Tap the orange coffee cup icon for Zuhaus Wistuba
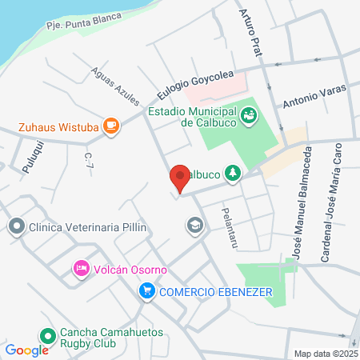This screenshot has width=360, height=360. pos(111,125)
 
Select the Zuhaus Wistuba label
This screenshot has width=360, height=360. pos(60,126)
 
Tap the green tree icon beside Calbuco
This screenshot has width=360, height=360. pos(233,173)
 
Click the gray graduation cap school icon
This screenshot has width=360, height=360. pos(194,226)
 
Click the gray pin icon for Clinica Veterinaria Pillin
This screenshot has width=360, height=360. pos(15,227)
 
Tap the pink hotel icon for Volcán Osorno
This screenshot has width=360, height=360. pos(81,268)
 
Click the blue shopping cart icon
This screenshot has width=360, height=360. pos(146,291)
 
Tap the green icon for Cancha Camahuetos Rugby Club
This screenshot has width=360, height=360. pos(47,337)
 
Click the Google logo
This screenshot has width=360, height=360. pos(26,350)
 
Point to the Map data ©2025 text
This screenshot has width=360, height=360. pos(326,354)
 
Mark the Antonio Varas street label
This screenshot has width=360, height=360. pos(315,98)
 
